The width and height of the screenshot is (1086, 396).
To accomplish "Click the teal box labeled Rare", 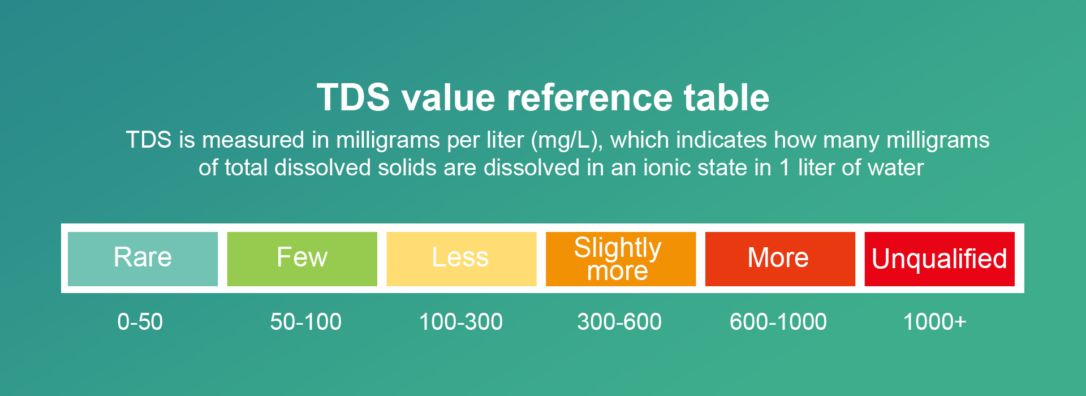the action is (143, 259).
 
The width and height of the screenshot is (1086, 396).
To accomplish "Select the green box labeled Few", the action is (302, 259).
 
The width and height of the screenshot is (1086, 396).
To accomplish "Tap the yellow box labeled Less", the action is (462, 259).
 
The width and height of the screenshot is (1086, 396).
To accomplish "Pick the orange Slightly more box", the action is (620, 259).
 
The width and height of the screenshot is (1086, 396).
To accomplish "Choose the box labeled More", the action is (780, 259).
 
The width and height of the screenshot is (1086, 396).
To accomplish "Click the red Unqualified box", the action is (940, 259).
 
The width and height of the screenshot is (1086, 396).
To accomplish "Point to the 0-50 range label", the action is (140, 322).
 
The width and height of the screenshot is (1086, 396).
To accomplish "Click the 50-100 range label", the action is (305, 322).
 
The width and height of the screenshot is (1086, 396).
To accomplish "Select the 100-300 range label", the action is (460, 322).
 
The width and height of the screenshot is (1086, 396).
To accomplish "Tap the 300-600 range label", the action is (619, 322).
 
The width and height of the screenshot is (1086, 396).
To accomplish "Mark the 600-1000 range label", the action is (778, 322).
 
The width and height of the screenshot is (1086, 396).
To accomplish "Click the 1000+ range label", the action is (934, 322).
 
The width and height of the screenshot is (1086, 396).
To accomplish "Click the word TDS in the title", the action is (354, 97).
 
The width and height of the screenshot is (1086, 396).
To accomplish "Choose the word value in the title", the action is (448, 97).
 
